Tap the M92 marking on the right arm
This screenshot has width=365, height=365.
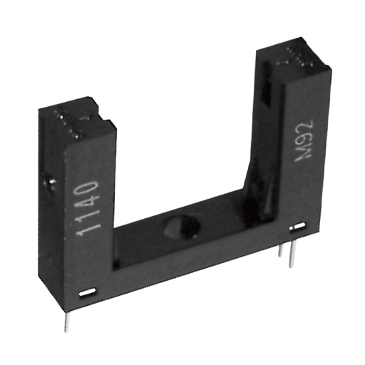[x=304, y=141]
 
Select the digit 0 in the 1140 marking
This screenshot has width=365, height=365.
[x=91, y=190]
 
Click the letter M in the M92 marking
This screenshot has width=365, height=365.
[x=303, y=155]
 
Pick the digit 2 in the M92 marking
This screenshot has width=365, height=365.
[x=307, y=126]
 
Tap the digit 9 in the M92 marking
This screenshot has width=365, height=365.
[x=304, y=140]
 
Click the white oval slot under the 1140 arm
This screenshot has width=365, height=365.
[x=88, y=292]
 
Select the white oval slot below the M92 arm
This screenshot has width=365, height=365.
[x=297, y=226]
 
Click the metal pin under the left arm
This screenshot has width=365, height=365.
[x=66, y=322]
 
